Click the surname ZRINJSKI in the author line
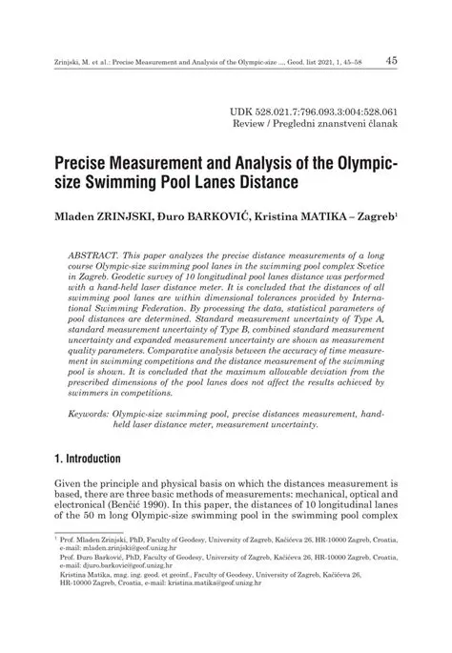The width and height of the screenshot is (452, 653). coord(142,217)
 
